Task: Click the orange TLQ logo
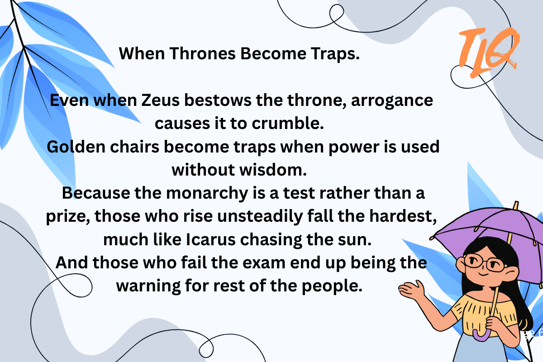pyautogui.click(x=488, y=52)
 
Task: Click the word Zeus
pyautogui.click(x=160, y=100)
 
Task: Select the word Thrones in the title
pyautogui.click(x=202, y=53)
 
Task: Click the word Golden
pyautogui.click(x=76, y=147)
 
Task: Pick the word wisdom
pyautogui.click(x=273, y=170)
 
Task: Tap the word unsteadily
pyautogui.click(x=260, y=216)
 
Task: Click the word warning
pyautogui.click(x=148, y=286)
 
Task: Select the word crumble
pyautogui.click(x=288, y=124)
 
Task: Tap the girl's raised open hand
pyautogui.click(x=412, y=290)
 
